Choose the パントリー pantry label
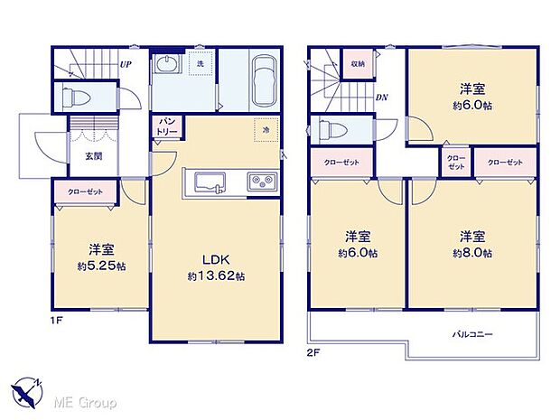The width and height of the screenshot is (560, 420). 168,126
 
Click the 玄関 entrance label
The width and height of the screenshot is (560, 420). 94,156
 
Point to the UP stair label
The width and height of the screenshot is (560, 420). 126,65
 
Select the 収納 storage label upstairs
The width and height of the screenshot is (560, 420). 358,65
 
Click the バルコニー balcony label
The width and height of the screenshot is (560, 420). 472,334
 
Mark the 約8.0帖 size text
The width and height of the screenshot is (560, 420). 473,254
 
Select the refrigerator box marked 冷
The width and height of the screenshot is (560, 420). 266,130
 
